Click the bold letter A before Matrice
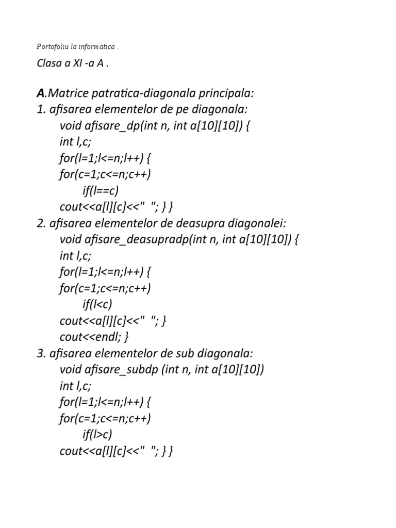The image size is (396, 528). pyautogui.click(x=40, y=94)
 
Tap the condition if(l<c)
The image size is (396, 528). pyautogui.click(x=97, y=304)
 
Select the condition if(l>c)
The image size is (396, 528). pyautogui.click(x=97, y=434)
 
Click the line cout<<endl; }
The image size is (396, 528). pyautogui.click(x=94, y=337)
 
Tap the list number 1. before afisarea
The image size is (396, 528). pyautogui.click(x=40, y=110)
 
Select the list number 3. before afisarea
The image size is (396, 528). pyautogui.click(x=40, y=353)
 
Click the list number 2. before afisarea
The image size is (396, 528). pyautogui.click(x=40, y=223)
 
